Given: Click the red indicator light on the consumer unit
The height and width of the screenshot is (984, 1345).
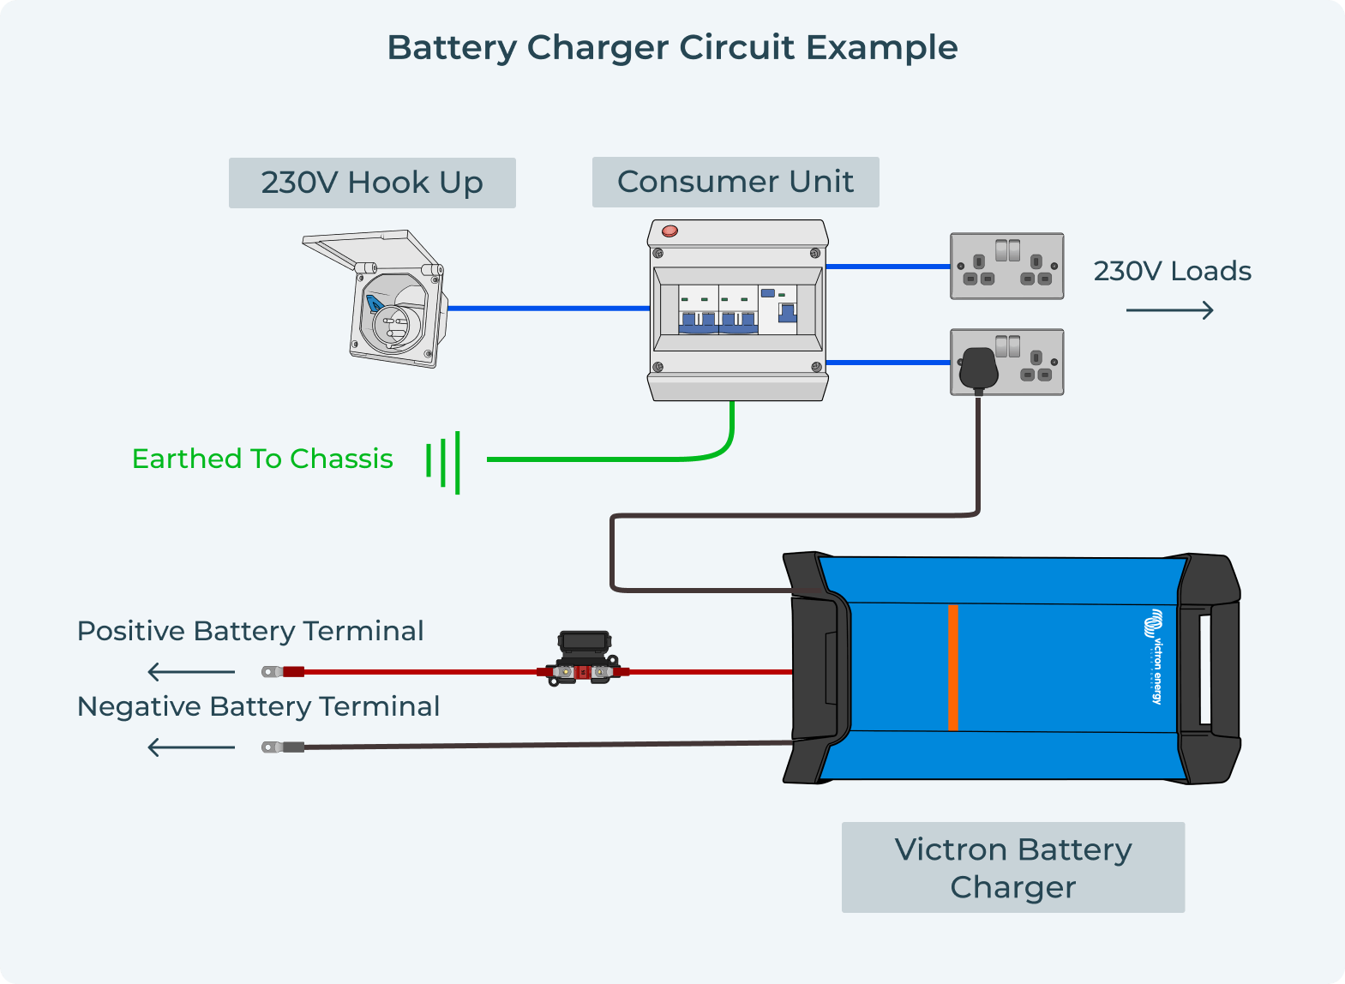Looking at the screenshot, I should pos(669,231).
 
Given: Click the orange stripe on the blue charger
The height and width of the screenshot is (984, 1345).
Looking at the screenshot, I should pos(952,667).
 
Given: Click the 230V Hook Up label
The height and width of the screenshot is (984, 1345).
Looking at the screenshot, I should pos(372,183).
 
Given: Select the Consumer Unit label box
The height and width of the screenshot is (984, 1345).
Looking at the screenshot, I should pos(736,182).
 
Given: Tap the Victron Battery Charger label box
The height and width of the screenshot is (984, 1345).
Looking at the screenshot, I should pos(1012,867).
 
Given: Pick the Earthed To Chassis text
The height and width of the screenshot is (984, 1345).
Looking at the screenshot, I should pos(262,459).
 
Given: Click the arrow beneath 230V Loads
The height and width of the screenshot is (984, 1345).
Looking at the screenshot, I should pos(1169,310).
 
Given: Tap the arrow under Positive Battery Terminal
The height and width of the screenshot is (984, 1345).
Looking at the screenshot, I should pos(191,672).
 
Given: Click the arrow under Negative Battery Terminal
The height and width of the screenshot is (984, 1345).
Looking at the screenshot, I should pos(191,747).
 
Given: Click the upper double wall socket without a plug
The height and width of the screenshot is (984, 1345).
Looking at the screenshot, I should pos(1006,266).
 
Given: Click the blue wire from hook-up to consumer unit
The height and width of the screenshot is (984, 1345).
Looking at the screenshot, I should pos(549,308).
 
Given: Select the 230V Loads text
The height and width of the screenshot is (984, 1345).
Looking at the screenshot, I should pos(1172,271).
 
